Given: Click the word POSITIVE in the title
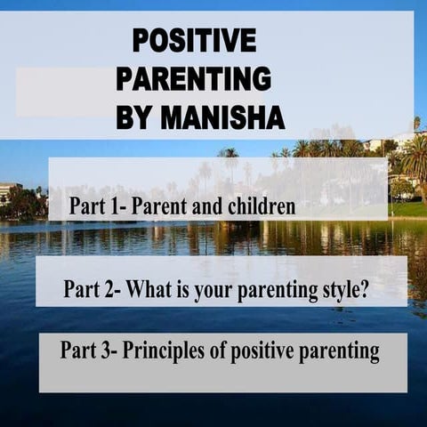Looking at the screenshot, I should tap(194, 40).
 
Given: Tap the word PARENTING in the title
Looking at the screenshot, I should tap(194, 78).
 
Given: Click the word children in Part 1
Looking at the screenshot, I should tap(259, 207).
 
